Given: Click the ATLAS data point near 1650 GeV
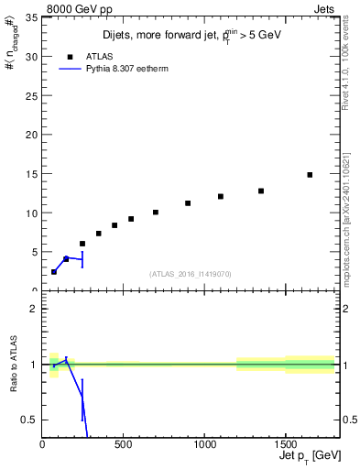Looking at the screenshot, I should pos(310,175).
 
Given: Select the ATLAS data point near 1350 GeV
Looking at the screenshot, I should pos(261,191).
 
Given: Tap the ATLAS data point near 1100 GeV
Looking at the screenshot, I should pos(221,196).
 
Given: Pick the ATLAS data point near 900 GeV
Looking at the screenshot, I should pos(188,203).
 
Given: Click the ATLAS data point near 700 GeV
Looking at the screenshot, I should pos(156,213).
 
